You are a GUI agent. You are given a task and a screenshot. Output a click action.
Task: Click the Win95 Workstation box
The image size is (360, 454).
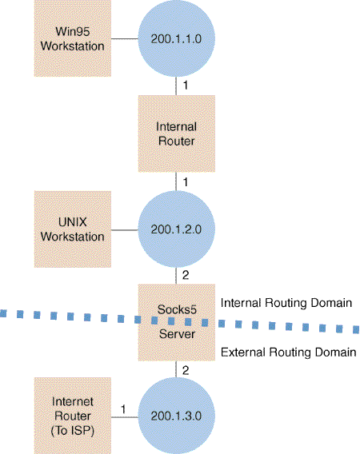point(73,38)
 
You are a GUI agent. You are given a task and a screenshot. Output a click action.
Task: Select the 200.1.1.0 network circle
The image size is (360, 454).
point(176,38)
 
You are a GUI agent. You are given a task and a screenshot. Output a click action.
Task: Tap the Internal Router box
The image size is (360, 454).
point(177,133)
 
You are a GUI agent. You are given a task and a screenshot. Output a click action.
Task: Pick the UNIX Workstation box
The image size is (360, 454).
point(73,229)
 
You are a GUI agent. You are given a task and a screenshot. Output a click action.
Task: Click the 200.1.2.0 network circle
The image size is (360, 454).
point(176,229)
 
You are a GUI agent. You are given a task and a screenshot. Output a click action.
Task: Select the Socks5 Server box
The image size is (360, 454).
point(177,322)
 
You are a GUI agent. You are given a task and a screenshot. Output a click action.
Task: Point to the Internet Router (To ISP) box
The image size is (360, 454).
point(73,416)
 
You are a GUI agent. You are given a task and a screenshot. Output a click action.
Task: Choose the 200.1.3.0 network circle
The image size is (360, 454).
point(176,416)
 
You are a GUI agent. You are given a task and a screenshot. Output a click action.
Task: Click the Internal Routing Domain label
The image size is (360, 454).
point(286,303)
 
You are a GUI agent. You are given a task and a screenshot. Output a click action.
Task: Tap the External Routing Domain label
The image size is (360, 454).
point(289,352)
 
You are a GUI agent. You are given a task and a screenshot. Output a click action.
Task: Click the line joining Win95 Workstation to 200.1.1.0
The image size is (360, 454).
point(125,38)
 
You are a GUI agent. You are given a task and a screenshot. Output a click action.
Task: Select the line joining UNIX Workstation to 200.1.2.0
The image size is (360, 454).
point(125,230)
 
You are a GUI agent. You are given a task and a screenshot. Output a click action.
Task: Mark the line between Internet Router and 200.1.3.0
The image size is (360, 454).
point(125,417)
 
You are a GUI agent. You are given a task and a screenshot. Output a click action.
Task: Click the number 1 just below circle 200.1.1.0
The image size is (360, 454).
point(186,85)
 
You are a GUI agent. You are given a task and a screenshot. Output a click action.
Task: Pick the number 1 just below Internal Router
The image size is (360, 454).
point(186,182)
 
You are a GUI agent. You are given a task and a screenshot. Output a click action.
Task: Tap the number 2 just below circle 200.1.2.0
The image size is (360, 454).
point(186,275)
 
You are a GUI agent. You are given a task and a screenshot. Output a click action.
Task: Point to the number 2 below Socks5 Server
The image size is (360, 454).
point(186,370)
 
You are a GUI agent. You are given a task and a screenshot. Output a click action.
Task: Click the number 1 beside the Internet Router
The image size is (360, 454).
point(123,409)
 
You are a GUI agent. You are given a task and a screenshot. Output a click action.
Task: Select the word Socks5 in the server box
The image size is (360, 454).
point(177,309)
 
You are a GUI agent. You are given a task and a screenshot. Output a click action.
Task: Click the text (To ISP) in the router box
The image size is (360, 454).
point(73,431)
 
